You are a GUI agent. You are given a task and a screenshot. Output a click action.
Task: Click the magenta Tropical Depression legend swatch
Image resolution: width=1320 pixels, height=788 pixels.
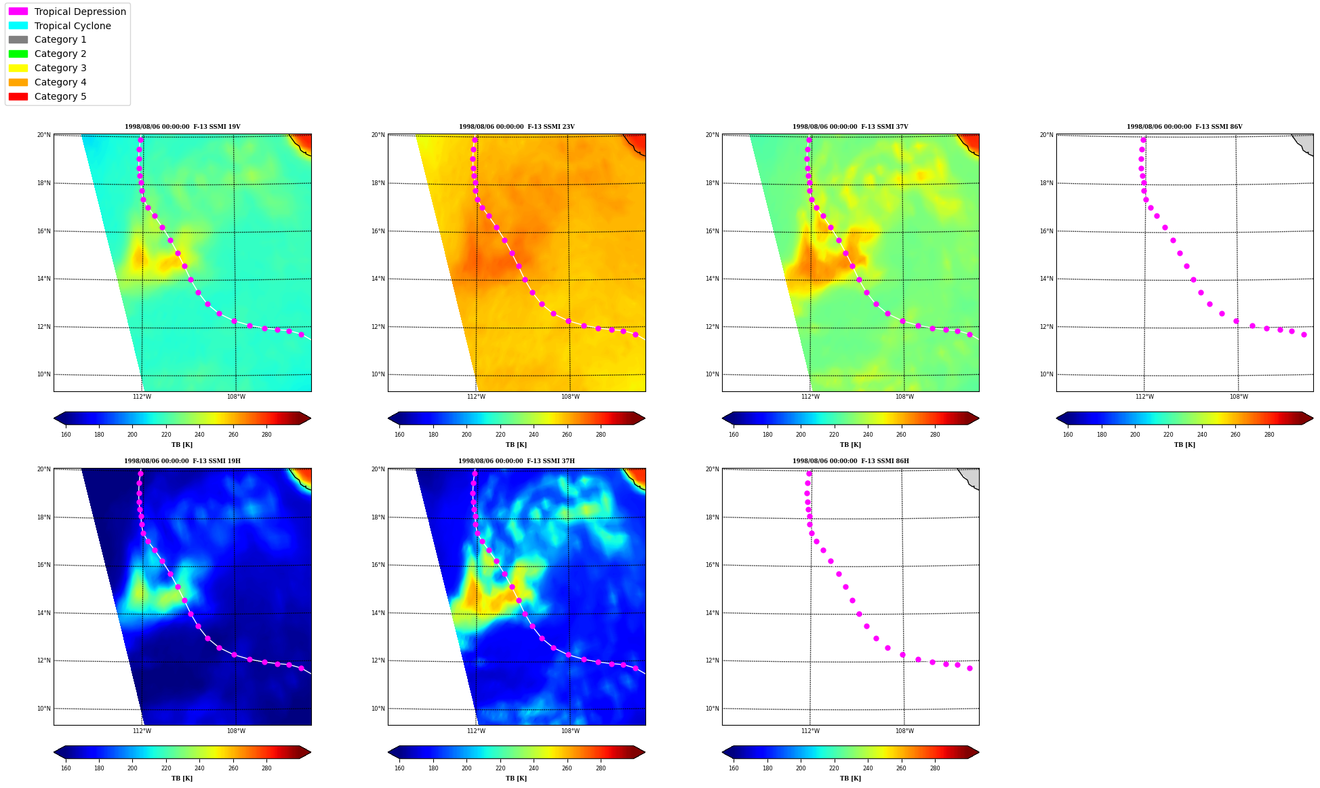[18, 12]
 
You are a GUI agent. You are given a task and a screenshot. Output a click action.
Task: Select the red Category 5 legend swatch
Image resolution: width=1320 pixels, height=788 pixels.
[18, 96]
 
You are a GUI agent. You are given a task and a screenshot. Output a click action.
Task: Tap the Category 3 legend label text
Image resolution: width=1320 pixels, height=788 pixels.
[60, 68]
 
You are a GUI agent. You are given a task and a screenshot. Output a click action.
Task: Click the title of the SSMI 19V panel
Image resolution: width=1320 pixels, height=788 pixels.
[182, 127]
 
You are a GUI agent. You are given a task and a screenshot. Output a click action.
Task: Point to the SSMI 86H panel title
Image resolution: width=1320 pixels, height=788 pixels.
[850, 461]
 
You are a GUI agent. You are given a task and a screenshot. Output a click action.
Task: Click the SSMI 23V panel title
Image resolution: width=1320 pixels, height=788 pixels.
[517, 127]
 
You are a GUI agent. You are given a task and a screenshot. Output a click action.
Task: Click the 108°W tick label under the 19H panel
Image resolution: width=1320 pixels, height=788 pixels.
[236, 731]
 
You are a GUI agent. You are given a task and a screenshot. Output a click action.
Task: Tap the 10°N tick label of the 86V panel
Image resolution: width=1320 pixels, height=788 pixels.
[1047, 374]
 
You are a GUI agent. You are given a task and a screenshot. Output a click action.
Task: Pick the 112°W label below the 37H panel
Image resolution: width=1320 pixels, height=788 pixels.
[476, 731]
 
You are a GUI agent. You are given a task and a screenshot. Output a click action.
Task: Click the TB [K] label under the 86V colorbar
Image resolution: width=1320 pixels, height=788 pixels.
[1184, 445]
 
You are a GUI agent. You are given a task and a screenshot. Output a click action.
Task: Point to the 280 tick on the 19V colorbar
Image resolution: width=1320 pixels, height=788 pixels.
[266, 435]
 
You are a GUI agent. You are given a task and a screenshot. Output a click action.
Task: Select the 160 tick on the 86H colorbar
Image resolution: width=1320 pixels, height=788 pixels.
[734, 768]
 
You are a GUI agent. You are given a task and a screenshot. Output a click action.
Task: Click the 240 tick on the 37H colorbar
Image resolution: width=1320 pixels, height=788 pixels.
[534, 768]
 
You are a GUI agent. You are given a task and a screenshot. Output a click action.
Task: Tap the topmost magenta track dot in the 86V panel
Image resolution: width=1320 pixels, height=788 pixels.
[1143, 140]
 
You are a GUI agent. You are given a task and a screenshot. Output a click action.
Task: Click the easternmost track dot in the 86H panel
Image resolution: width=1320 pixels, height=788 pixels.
[969, 668]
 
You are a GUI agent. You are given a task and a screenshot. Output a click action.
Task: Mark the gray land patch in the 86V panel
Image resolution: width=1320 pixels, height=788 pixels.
[1305, 142]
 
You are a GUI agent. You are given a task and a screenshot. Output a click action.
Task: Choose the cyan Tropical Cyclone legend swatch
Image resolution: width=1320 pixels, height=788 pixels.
[18, 26]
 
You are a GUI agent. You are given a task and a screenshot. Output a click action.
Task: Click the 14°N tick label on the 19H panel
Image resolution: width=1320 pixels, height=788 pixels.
[45, 613]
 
